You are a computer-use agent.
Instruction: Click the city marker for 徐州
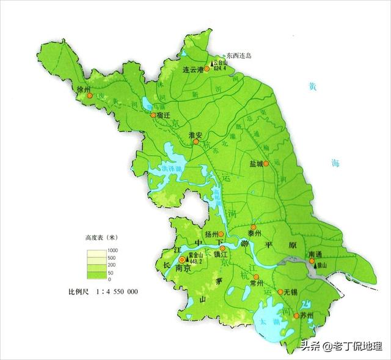click(x=89, y=96)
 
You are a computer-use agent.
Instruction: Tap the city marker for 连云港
click(x=206, y=70)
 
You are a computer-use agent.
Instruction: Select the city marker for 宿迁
click(x=153, y=114)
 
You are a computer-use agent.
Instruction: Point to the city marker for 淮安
click(x=196, y=142)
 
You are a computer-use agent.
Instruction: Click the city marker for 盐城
click(x=266, y=164)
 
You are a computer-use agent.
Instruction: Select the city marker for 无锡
click(x=280, y=292)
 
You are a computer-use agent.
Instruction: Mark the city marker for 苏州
click(x=296, y=315)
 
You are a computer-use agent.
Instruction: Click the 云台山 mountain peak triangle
click(x=213, y=64)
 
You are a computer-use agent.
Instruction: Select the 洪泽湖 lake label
click(x=172, y=168)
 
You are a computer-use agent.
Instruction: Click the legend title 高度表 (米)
click(x=101, y=237)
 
